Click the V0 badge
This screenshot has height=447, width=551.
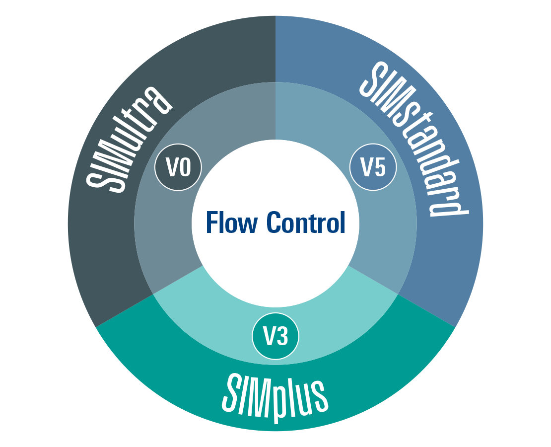(178, 168)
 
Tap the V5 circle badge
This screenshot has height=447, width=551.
(373, 168)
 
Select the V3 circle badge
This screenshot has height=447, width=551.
(275, 337)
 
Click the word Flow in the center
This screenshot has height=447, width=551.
(231, 223)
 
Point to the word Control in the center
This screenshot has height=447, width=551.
(305, 223)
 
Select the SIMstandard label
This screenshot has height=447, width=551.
(414, 139)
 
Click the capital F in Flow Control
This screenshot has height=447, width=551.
(211, 223)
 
